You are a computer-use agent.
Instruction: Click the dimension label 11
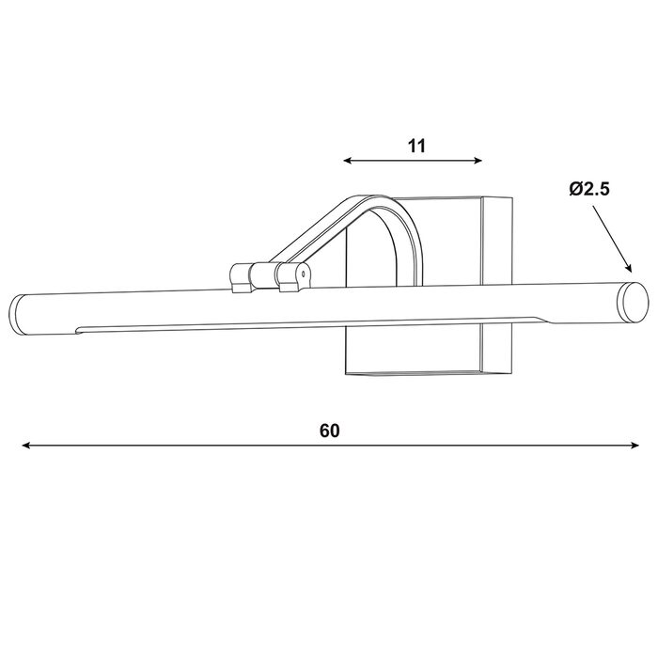[x=416, y=146]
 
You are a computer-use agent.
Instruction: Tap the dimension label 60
[x=329, y=431]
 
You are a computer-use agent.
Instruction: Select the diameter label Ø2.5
[x=589, y=189]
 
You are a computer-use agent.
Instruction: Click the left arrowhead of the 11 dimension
[x=347, y=161]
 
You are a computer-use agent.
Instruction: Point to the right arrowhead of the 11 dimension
[x=478, y=161]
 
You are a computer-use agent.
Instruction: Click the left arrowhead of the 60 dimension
[x=25, y=446]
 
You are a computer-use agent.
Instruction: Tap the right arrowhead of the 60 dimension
[x=634, y=446]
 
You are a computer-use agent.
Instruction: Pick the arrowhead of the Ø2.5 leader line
[x=628, y=268]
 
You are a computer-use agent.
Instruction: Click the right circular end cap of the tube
[x=633, y=303]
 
